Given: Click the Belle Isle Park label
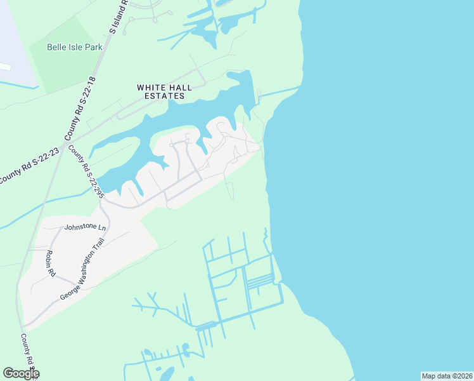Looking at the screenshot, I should [x=75, y=47].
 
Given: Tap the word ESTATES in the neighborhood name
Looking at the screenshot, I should [x=163, y=97].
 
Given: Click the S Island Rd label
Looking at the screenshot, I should [x=118, y=16].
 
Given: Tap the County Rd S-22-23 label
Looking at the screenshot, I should [x=29, y=167].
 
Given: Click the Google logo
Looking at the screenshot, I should [x=21, y=373].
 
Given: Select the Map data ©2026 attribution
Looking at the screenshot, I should [x=447, y=376].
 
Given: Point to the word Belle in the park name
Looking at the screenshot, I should [x=58, y=47].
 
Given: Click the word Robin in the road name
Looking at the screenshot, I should [x=48, y=257].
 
